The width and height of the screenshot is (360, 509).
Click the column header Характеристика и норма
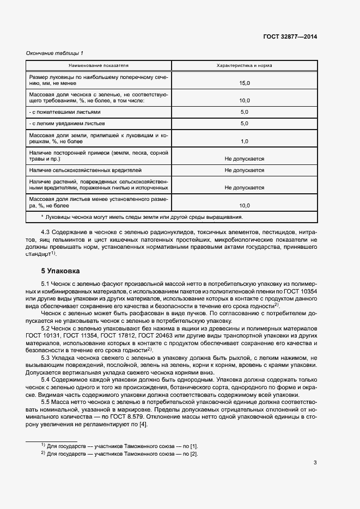point(244,65)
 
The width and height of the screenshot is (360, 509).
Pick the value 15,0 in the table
point(244,83)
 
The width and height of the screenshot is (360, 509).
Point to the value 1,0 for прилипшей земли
point(244,141)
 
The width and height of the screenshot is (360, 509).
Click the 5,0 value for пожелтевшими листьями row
point(244,112)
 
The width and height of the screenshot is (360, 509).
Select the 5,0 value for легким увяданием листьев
point(244,124)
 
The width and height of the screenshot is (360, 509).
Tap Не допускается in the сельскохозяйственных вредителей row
point(244,170)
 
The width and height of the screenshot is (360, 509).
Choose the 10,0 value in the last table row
point(244,206)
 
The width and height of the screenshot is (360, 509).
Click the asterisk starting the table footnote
point(42,217)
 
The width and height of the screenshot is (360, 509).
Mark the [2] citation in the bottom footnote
point(194,453)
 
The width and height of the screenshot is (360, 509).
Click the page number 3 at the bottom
point(315,463)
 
